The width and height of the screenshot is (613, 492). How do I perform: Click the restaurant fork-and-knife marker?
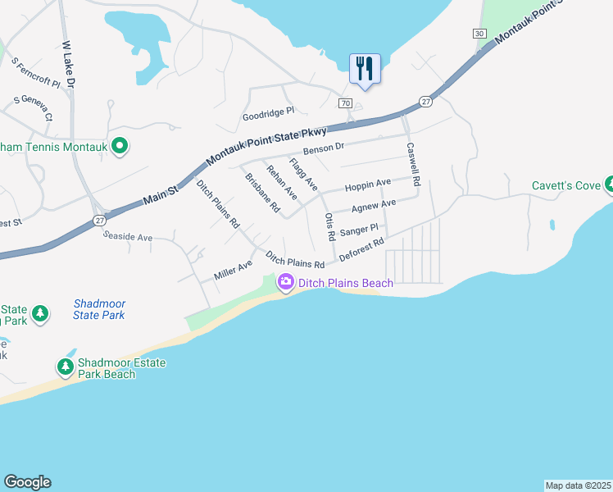click(x=365, y=69)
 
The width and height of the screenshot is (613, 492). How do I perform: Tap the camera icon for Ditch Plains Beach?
click(x=286, y=283)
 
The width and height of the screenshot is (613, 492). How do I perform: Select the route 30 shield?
click(x=479, y=33)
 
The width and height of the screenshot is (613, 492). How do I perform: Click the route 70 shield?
click(x=345, y=103)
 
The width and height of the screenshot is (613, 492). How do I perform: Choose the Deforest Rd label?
click(x=361, y=249)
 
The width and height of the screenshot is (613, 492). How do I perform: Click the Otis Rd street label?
click(x=330, y=225)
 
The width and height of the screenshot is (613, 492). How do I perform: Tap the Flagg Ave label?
click(x=303, y=175)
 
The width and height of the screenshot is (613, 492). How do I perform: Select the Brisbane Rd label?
click(x=262, y=194)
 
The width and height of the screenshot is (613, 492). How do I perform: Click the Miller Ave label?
click(x=233, y=269)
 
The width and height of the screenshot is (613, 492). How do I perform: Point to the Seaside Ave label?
click(x=128, y=237)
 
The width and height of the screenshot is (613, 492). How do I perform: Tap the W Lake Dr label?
click(x=69, y=65)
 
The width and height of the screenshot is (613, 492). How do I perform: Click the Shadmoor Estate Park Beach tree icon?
click(x=65, y=365)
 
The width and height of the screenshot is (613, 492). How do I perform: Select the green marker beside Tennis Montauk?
click(x=120, y=147)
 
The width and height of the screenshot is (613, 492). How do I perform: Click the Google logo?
click(x=27, y=482)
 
